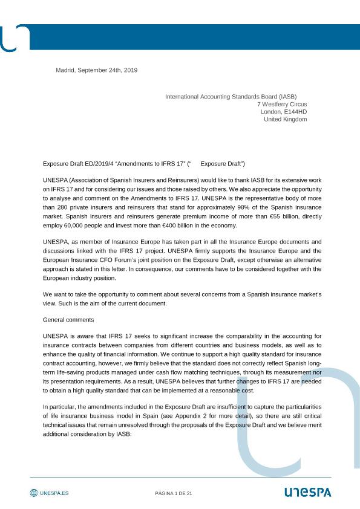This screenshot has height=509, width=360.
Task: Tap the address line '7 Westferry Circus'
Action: (281, 104)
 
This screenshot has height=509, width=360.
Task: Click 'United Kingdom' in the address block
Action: (286, 119)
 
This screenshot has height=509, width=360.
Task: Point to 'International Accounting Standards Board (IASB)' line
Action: (231, 96)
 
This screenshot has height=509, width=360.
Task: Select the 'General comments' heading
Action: (68, 319)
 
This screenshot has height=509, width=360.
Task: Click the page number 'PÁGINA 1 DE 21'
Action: (174, 494)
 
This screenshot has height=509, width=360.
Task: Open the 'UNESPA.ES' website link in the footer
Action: (54, 493)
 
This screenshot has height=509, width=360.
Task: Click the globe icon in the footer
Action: (34, 493)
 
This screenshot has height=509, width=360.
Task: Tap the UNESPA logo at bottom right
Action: (307, 493)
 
